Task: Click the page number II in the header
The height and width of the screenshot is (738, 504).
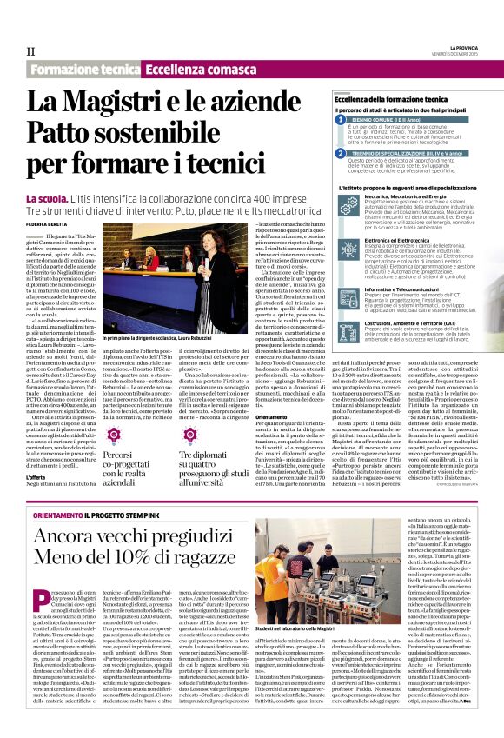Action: tap(30, 50)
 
